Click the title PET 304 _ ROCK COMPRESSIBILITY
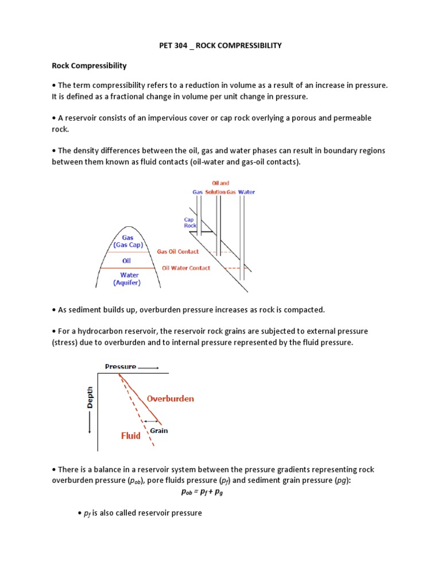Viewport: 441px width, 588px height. pos(220,45)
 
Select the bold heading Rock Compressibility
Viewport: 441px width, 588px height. pos(89,66)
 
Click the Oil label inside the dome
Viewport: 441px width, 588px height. pos(126,261)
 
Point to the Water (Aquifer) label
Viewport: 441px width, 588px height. pos(130,279)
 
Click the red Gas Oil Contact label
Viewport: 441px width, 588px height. pos(178,252)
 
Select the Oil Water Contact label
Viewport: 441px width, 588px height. pos(186,268)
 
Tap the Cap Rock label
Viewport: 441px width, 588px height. pos(189,222)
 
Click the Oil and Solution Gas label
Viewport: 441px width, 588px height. pos(220,188)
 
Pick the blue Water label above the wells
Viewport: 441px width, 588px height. pos(246,192)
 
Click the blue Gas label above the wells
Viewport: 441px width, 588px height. pos(197,192)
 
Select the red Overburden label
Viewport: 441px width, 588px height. pos(170,399)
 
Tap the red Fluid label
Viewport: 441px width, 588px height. pos(130,436)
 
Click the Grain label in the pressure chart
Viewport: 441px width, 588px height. pos(159,431)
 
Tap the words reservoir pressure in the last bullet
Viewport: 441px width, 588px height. pos(172,512)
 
